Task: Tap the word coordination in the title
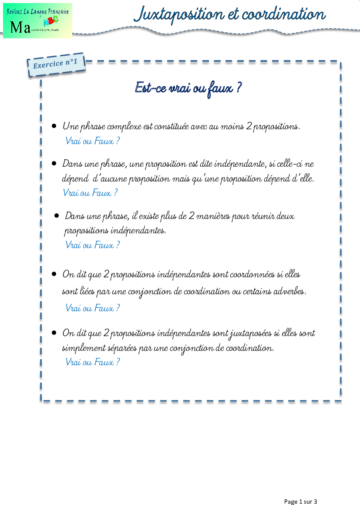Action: [283, 14]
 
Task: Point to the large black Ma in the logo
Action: [20, 28]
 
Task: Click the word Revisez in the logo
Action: [15, 11]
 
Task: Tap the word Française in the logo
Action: [57, 11]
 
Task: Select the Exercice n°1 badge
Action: [56, 64]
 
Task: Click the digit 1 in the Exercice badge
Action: [75, 62]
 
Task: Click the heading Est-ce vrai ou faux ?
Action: [188, 88]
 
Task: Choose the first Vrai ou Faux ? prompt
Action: [92, 141]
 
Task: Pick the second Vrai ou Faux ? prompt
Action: [90, 192]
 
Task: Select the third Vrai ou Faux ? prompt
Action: [92, 245]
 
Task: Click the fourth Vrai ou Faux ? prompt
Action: [92, 308]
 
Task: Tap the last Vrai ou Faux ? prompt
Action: [92, 362]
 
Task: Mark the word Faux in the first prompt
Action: [104, 141]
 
